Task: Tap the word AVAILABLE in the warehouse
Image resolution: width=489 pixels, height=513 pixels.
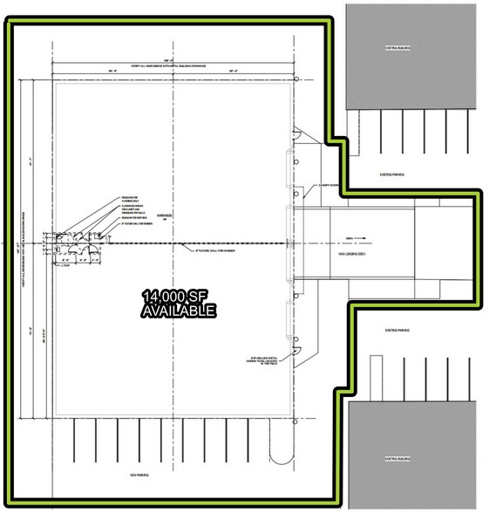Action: [x=180, y=311]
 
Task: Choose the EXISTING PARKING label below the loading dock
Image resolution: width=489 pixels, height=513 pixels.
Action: [x=397, y=331]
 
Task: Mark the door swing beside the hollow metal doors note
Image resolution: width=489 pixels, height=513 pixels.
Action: [x=295, y=351]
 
